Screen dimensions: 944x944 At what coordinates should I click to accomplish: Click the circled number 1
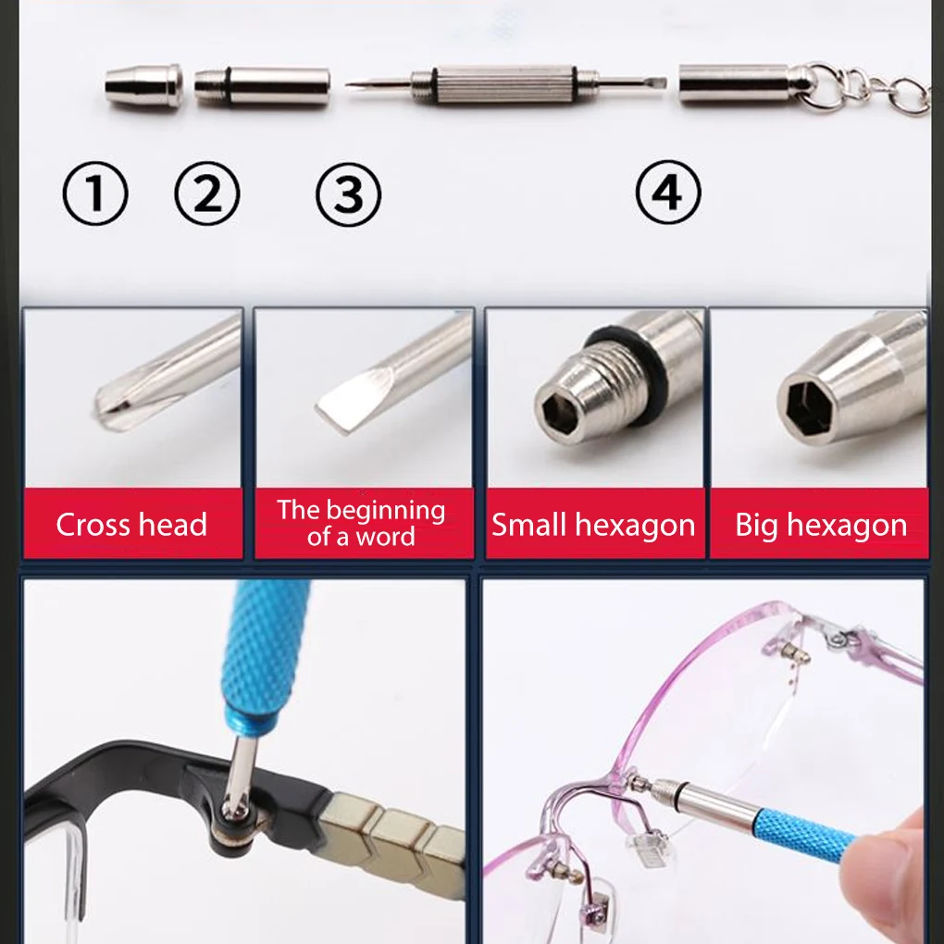[95, 193]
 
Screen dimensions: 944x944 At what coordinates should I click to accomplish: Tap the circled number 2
[207, 193]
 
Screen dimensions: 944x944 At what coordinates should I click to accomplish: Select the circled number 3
[349, 194]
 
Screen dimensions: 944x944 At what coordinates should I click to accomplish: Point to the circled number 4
[668, 193]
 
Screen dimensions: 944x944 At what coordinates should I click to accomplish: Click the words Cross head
[131, 525]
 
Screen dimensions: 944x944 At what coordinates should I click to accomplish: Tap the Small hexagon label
[593, 525]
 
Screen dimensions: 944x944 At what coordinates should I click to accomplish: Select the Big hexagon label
[821, 525]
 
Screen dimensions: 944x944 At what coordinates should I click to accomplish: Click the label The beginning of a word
[361, 523]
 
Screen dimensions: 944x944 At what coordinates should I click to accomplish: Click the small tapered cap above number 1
[143, 86]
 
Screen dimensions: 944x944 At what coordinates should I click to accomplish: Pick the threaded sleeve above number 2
[263, 86]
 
